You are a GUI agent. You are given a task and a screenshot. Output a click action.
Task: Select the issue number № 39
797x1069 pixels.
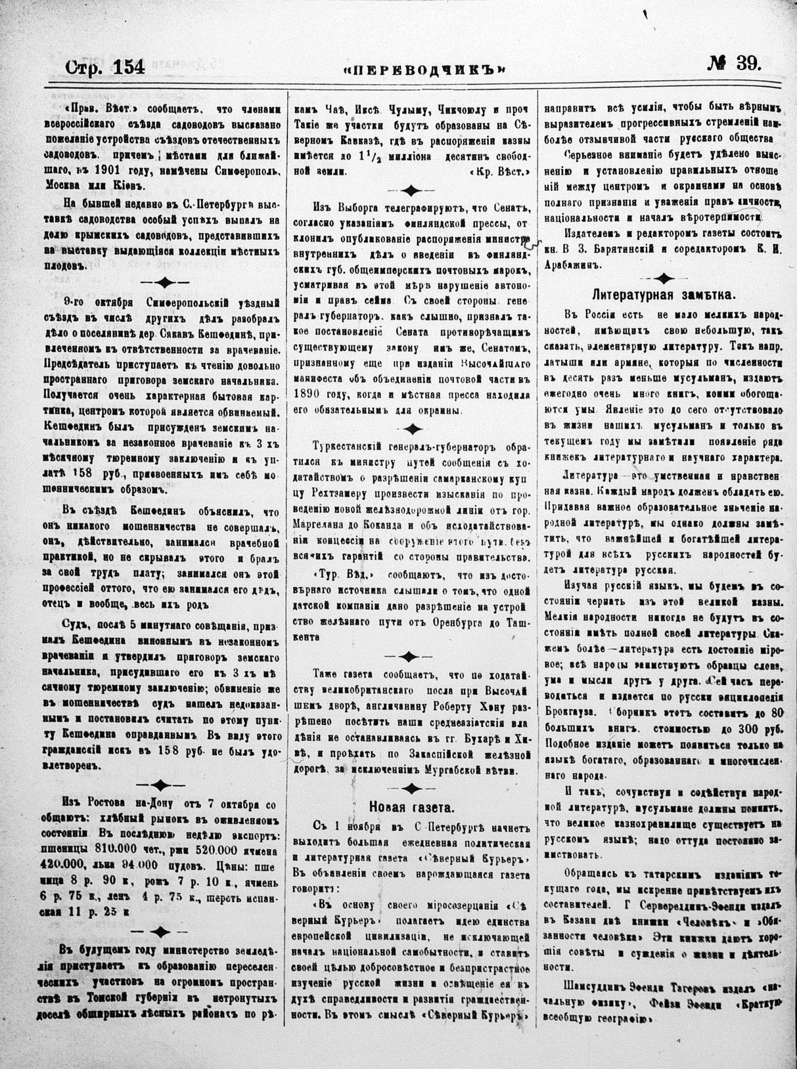pyautogui.click(x=734, y=64)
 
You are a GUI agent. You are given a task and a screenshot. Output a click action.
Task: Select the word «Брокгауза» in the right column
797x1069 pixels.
pyautogui.click(x=572, y=711)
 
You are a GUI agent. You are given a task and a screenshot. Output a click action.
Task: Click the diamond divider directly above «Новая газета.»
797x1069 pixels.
pyautogui.click(x=411, y=788)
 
